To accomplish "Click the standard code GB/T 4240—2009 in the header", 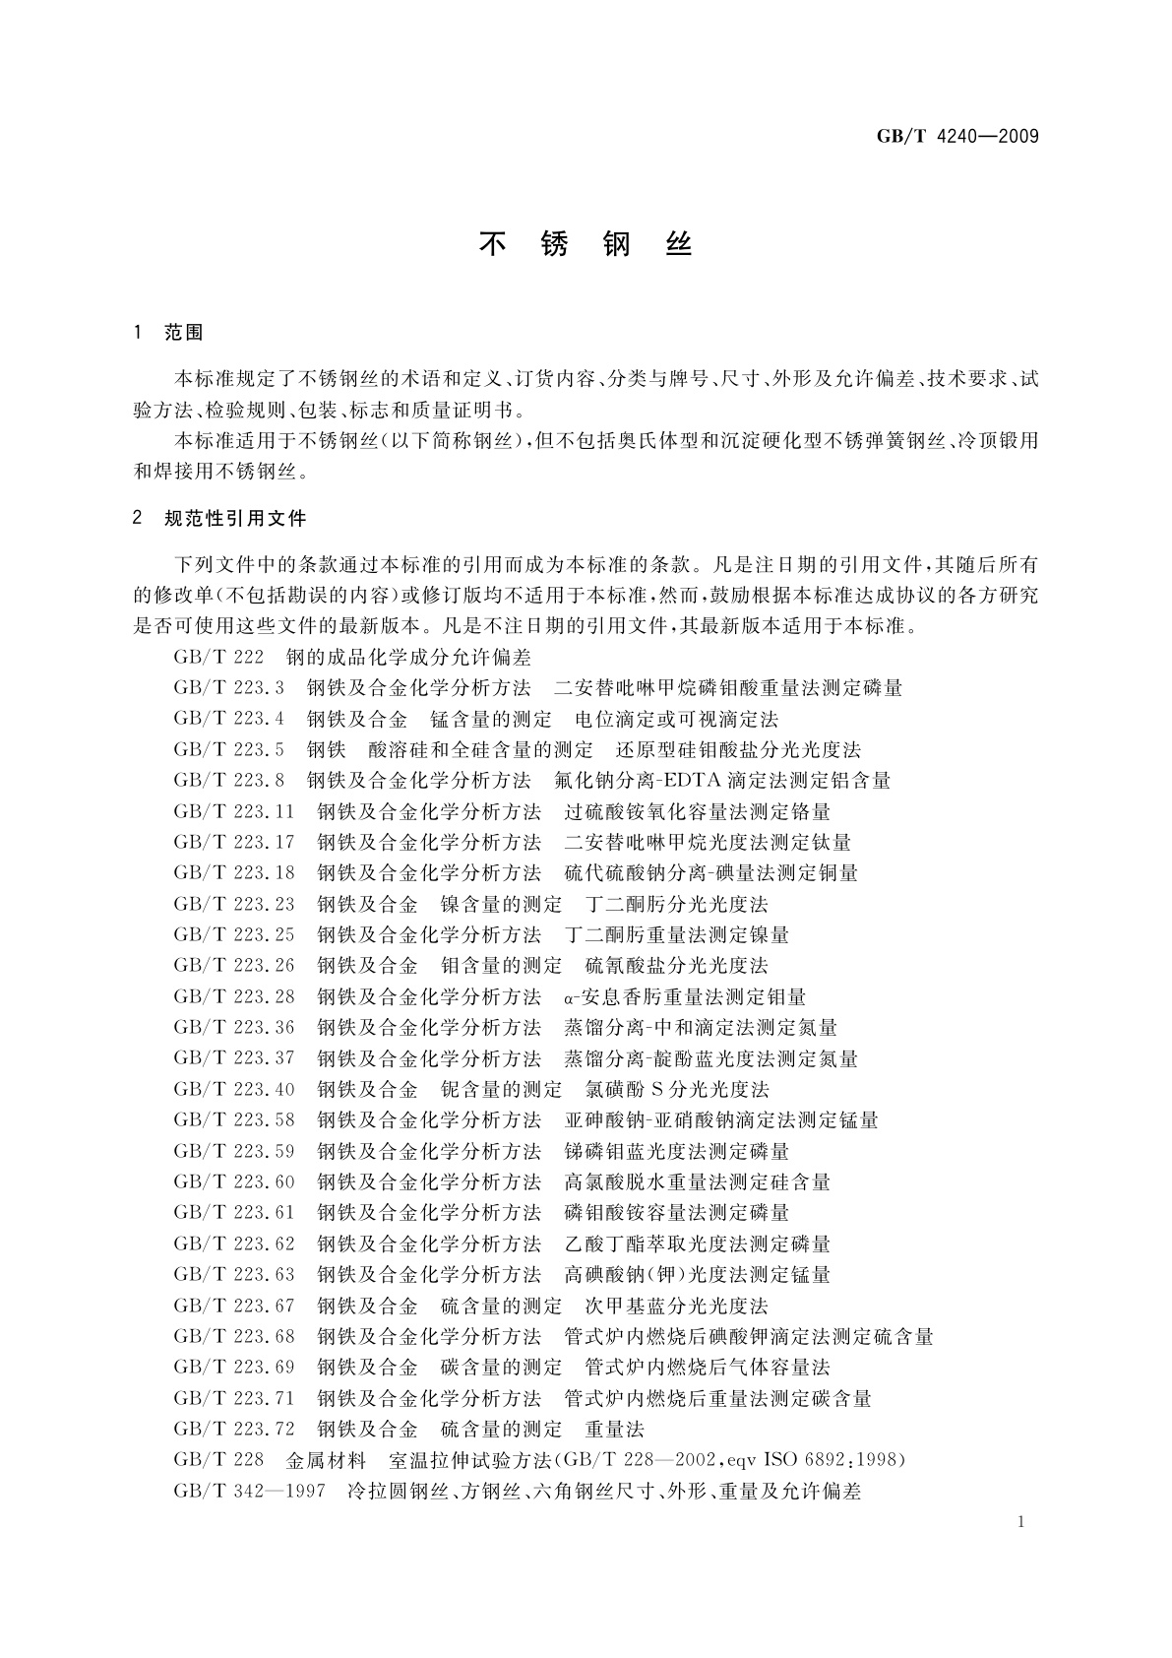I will pos(956,136).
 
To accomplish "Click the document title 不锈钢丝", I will pos(586,244).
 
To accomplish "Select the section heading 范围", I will pos(184,333).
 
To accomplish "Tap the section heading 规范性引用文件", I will pos(235,518).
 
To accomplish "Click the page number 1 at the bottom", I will pos(1022,1522).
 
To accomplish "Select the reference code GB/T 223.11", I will pos(234,811).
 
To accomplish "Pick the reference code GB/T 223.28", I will pos(234,996).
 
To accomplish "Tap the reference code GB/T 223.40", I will pos(234,1089).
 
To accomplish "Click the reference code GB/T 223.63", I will pos(234,1274).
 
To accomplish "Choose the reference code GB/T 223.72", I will pos(234,1429).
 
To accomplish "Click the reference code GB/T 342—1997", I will pos(249,1491).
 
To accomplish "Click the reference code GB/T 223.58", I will pos(234,1119).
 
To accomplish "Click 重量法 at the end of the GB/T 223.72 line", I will pos(614,1429).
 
